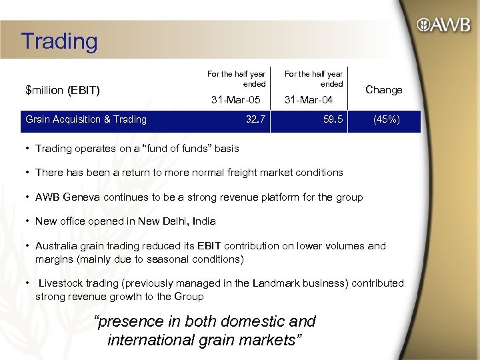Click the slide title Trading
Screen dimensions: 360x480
click(59, 41)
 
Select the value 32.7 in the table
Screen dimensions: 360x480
click(255, 120)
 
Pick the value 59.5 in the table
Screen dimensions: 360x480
click(331, 120)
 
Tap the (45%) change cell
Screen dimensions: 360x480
click(387, 120)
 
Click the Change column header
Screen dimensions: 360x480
click(384, 90)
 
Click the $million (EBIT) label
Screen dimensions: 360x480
click(62, 90)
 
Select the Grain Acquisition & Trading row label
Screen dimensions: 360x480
click(85, 120)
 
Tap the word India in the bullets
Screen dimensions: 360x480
click(202, 221)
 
